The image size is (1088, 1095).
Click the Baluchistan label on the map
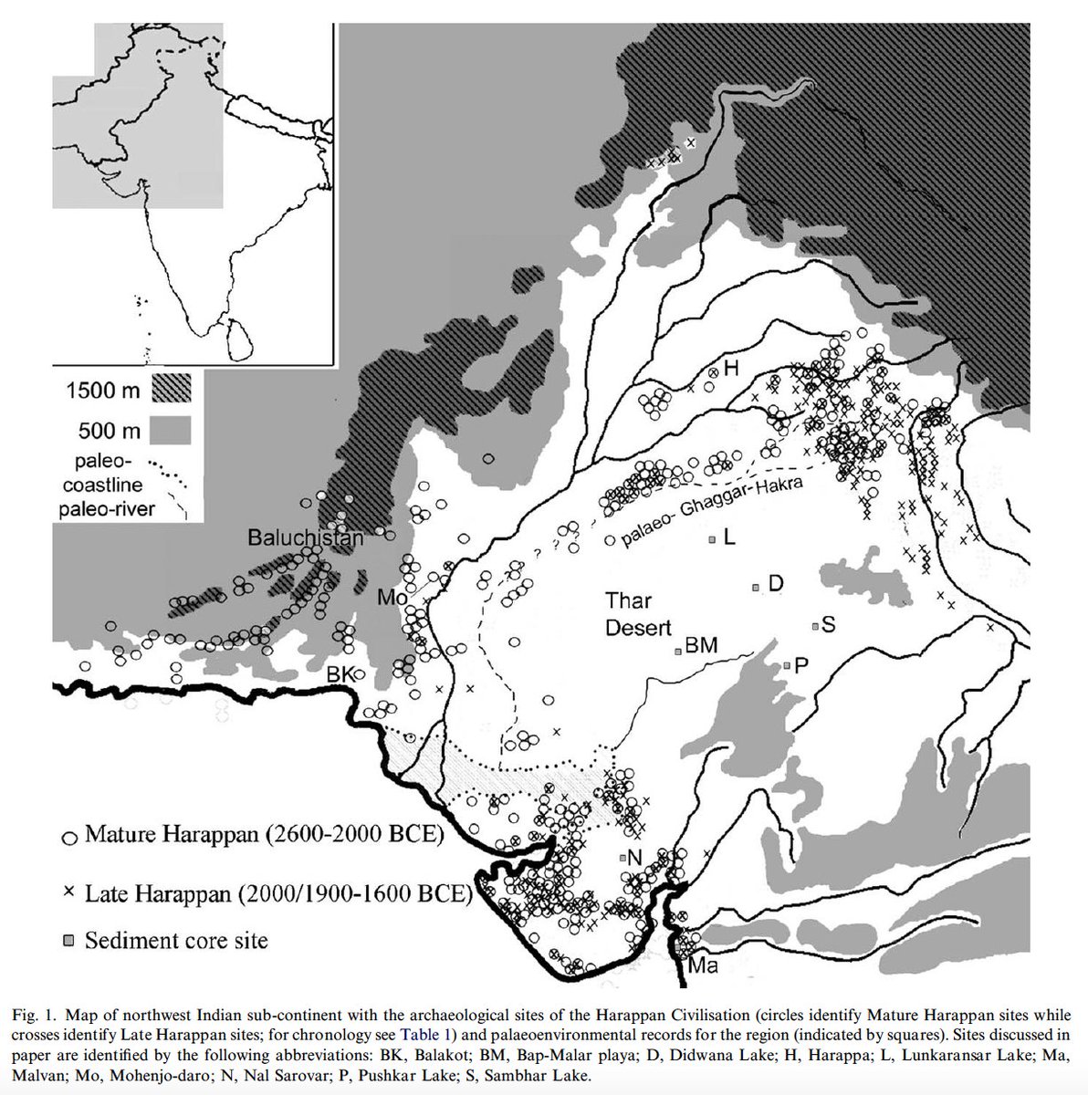coord(306,538)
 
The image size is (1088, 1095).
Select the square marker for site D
coord(756,588)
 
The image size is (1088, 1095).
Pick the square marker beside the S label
coord(815,626)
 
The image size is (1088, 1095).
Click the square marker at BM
coord(677,652)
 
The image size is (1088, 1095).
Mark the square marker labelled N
coord(623,858)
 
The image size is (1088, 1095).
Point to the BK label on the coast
coord(340,673)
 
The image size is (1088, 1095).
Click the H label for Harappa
coord(730,369)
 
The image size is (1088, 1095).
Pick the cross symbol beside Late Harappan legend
coord(67,889)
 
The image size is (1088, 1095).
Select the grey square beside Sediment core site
coord(68,939)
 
